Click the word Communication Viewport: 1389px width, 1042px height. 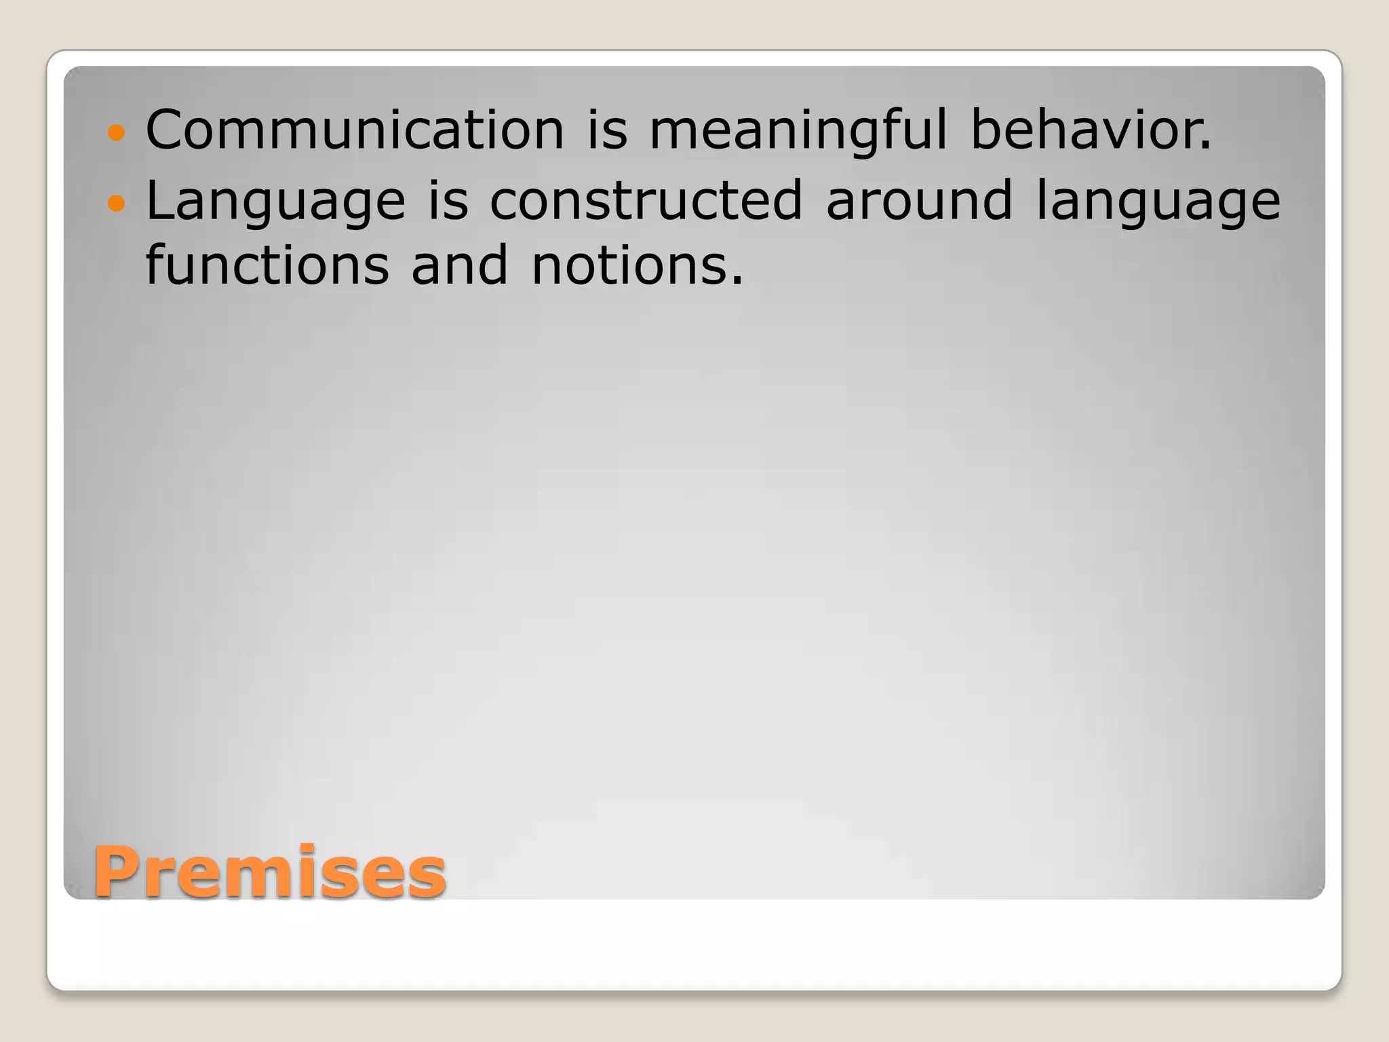click(355, 130)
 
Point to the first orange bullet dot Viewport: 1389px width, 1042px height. click(117, 132)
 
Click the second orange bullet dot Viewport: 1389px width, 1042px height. click(117, 202)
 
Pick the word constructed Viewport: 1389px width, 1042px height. click(646, 200)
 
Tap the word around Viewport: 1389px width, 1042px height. click(919, 200)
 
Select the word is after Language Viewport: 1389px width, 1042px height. click(448, 200)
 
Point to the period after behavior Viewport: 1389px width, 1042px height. click(1205, 147)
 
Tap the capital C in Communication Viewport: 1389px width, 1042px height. click(167, 130)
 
